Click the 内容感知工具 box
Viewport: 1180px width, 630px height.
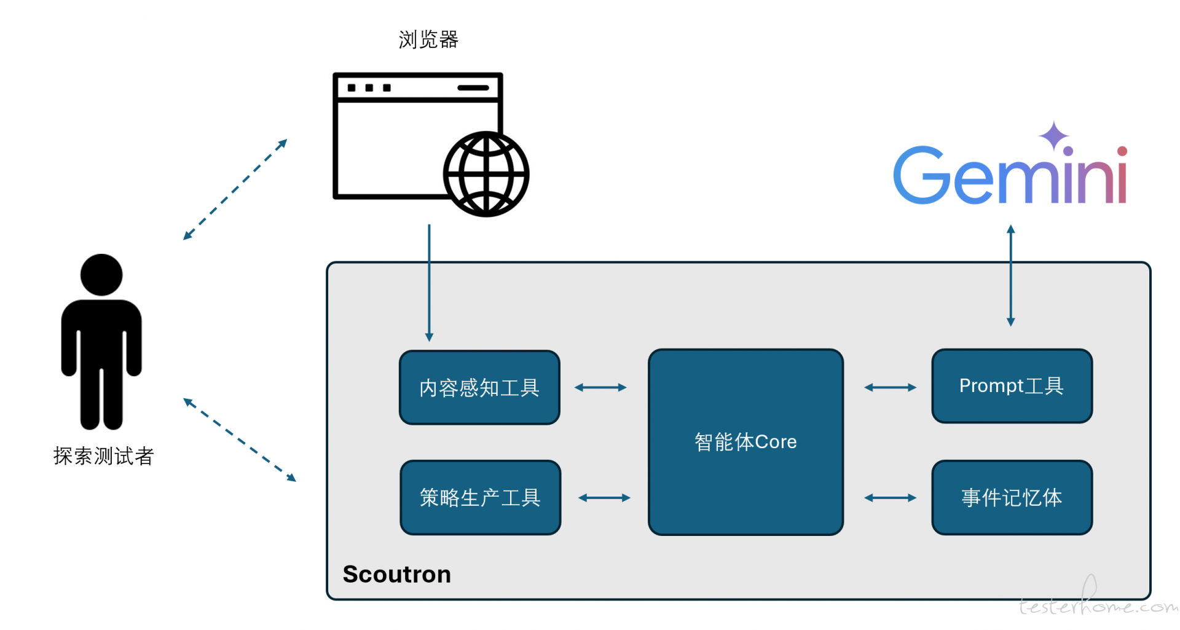click(x=479, y=387)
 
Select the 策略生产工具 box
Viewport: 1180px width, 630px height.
click(x=480, y=497)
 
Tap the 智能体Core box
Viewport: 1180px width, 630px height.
click(x=745, y=442)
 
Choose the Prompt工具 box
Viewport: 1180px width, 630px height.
click(x=1012, y=386)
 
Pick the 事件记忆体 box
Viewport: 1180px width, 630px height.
click(x=1012, y=497)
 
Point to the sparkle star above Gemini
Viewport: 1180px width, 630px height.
click(x=1054, y=136)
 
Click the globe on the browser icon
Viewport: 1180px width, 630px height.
click(x=486, y=174)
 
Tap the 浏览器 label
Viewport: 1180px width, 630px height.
click(x=428, y=39)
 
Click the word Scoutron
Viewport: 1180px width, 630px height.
click(x=397, y=574)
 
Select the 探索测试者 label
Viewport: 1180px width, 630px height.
click(x=103, y=456)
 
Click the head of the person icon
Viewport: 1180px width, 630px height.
click(x=101, y=275)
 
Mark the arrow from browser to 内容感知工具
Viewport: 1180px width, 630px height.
click(x=429, y=283)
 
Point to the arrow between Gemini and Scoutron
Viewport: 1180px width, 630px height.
click(x=1010, y=275)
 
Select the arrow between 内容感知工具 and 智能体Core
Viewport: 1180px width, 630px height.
click(x=600, y=387)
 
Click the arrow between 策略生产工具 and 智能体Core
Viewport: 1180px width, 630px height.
click(x=604, y=498)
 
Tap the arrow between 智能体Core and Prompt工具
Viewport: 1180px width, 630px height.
click(x=890, y=387)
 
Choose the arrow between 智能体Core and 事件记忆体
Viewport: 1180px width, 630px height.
click(x=890, y=498)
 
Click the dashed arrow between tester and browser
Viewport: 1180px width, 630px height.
click(x=235, y=189)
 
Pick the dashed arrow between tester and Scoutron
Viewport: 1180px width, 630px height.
click(x=240, y=439)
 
